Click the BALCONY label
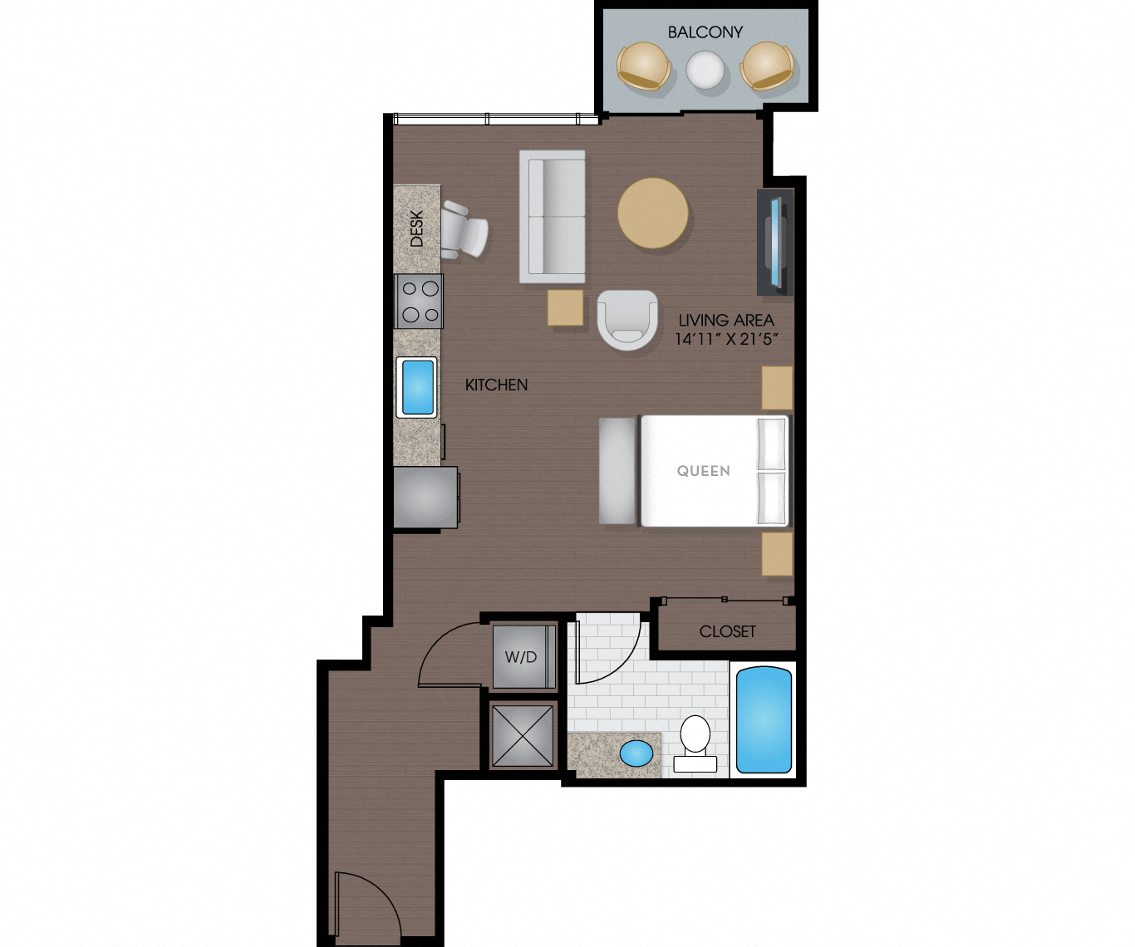pyautogui.click(x=705, y=32)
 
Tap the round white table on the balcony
pyautogui.click(x=705, y=70)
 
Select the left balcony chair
pyautogui.click(x=643, y=66)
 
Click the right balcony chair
pyautogui.click(x=768, y=66)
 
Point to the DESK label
pyautogui.click(x=416, y=228)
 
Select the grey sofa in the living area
pyautogui.click(x=553, y=216)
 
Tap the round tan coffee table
pyautogui.click(x=653, y=213)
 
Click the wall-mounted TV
pyautogui.click(x=776, y=243)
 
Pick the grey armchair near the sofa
pyautogui.click(x=627, y=319)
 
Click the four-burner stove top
pyautogui.click(x=419, y=302)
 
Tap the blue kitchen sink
pyautogui.click(x=417, y=387)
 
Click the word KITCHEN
pyautogui.click(x=496, y=385)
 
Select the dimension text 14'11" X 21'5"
pyautogui.click(x=726, y=339)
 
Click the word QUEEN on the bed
pyautogui.click(x=703, y=471)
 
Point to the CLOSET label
pyautogui.click(x=727, y=631)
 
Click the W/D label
pyautogui.click(x=521, y=657)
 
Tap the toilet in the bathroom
pyautogui.click(x=695, y=742)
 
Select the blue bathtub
pyautogui.click(x=764, y=719)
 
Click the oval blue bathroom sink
pyautogui.click(x=637, y=753)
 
